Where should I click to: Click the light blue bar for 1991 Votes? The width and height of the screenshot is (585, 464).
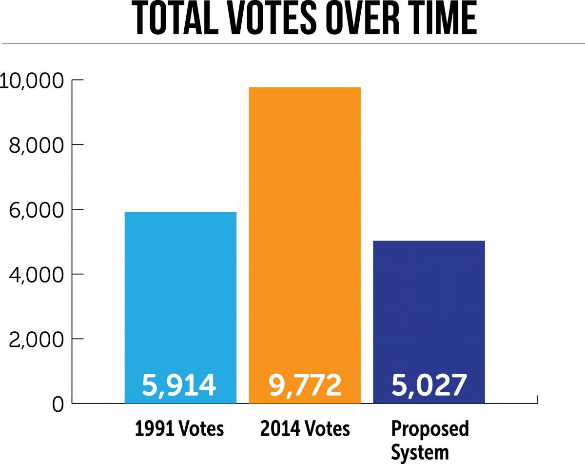[180, 293]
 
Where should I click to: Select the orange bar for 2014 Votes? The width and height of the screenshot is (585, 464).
[305, 220]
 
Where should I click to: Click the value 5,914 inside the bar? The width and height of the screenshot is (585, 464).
[179, 385]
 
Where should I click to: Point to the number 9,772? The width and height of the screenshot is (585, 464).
[305, 385]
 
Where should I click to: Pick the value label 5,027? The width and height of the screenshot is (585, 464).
[429, 385]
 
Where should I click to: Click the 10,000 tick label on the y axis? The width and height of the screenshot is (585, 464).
[32, 81]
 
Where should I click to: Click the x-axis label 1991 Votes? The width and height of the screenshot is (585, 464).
[179, 429]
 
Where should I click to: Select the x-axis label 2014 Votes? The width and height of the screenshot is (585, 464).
[305, 429]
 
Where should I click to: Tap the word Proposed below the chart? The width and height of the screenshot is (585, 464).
[430, 429]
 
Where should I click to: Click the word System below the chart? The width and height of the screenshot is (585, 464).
[420, 452]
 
